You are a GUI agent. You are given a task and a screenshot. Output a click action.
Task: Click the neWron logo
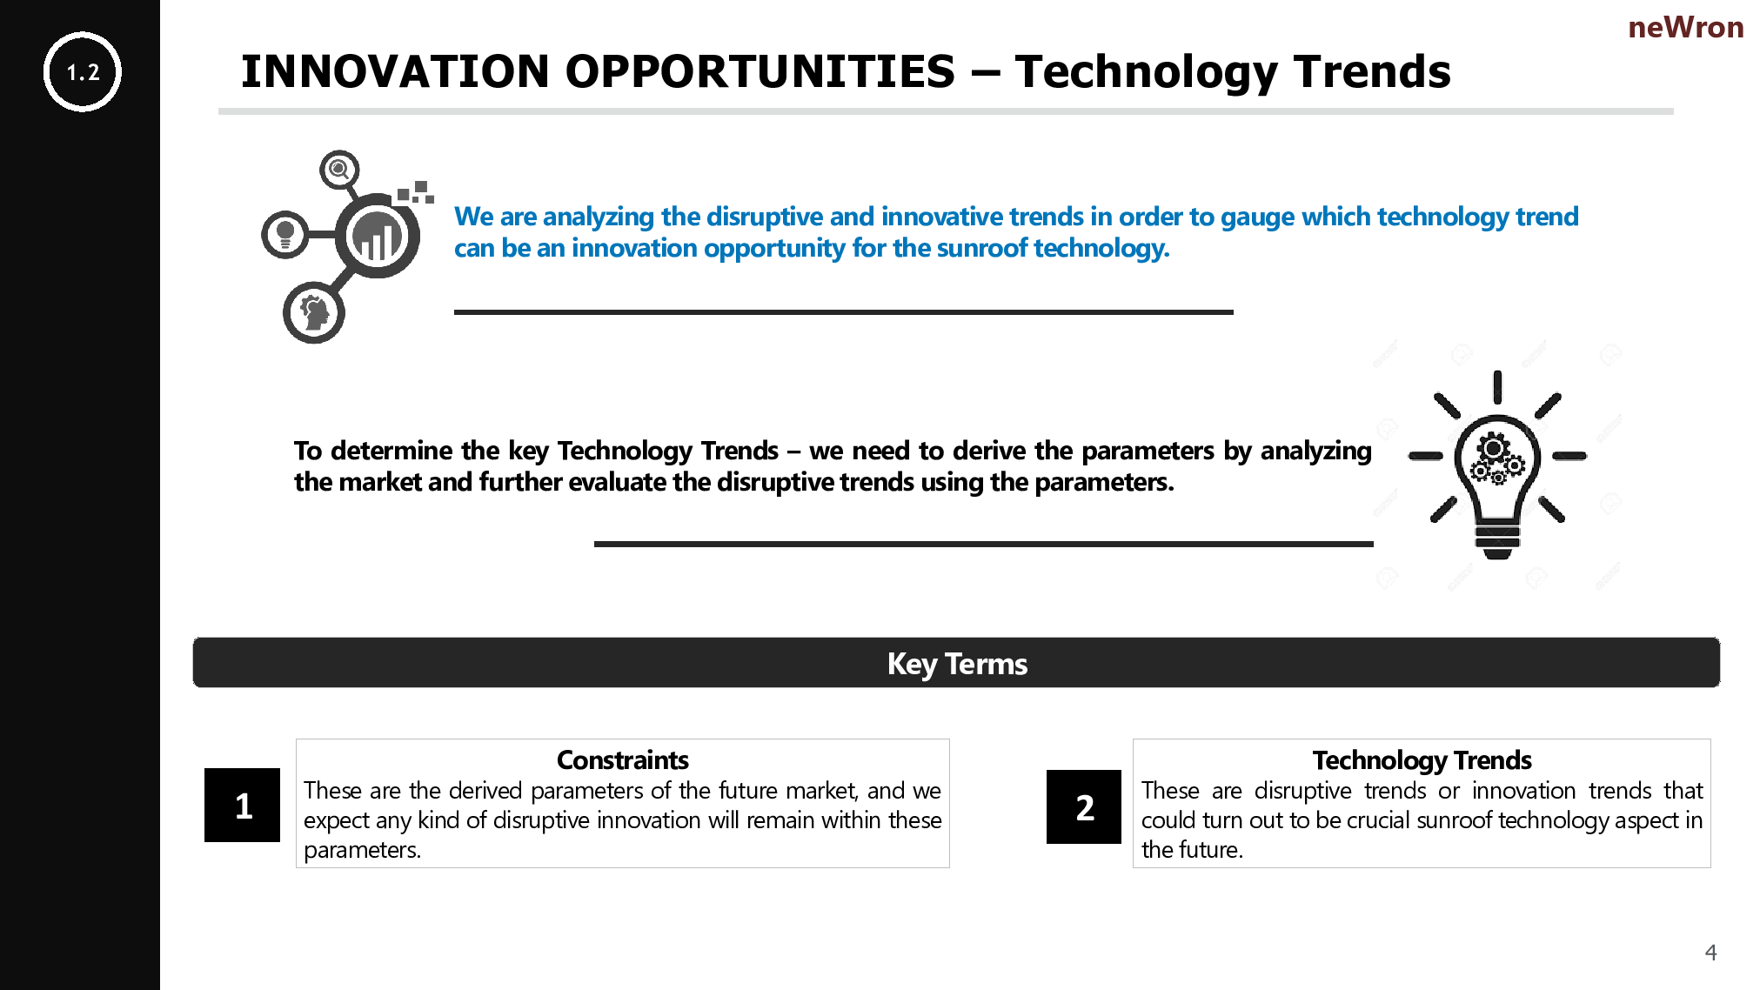pyautogui.click(x=1685, y=28)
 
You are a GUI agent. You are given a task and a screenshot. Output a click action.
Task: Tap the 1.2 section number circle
pyautogui.click(x=83, y=72)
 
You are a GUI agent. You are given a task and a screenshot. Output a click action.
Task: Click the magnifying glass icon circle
pyautogui.click(x=339, y=169)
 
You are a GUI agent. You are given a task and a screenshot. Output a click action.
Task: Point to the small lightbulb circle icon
pyautogui.click(x=285, y=234)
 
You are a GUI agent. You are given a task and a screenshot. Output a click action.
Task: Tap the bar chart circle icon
pyautogui.click(x=378, y=236)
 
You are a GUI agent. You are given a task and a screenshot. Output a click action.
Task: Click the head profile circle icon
pyautogui.click(x=314, y=312)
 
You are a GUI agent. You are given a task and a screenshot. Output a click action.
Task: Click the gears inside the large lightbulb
pyautogui.click(x=1496, y=458)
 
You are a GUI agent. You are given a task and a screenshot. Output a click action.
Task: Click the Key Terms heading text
pyautogui.click(x=957, y=664)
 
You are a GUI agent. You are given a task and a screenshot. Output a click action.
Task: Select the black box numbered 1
pyautogui.click(x=243, y=805)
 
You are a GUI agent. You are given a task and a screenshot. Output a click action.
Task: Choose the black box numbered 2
pyautogui.click(x=1084, y=806)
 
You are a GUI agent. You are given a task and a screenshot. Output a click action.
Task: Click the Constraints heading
pyautogui.click(x=623, y=759)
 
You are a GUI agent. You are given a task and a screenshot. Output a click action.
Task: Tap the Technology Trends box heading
pyautogui.click(x=1422, y=760)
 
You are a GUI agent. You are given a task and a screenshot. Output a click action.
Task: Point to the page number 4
pyautogui.click(x=1710, y=953)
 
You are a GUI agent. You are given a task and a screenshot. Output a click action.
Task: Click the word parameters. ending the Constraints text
pyautogui.click(x=362, y=850)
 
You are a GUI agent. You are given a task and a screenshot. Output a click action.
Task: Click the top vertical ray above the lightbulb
pyautogui.click(x=1497, y=387)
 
